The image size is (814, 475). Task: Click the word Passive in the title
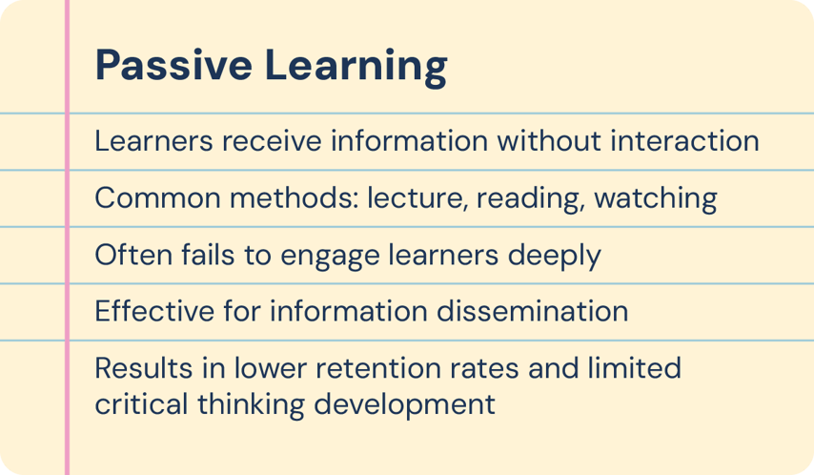[x=173, y=66]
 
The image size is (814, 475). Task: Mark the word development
[x=395, y=404]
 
